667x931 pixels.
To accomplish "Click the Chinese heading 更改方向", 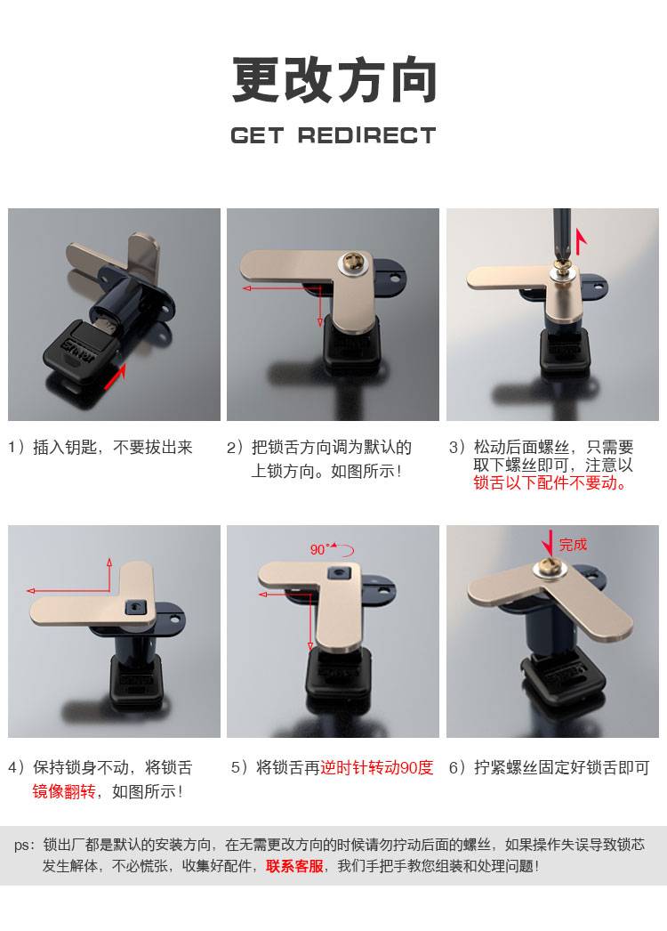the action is coord(334,79).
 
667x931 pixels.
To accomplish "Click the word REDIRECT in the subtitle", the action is coord(366,135).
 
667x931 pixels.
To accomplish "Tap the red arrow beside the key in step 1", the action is coord(116,376).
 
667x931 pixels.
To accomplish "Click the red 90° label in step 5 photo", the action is coord(319,549).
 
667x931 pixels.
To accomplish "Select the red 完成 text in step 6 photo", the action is coord(573,545).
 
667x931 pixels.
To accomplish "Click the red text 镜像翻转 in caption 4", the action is coord(63,791).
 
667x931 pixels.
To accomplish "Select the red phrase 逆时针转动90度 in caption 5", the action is coord(377,768).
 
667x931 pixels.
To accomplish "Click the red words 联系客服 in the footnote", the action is coord(294,866).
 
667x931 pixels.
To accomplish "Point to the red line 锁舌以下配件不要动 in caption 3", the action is coord(550,482).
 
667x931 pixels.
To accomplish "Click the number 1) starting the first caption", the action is coord(16,447).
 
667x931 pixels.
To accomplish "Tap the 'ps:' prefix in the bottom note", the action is coord(25,846).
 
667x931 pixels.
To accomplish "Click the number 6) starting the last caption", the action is coord(457,768).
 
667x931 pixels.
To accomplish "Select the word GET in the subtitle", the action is coord(257,135).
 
